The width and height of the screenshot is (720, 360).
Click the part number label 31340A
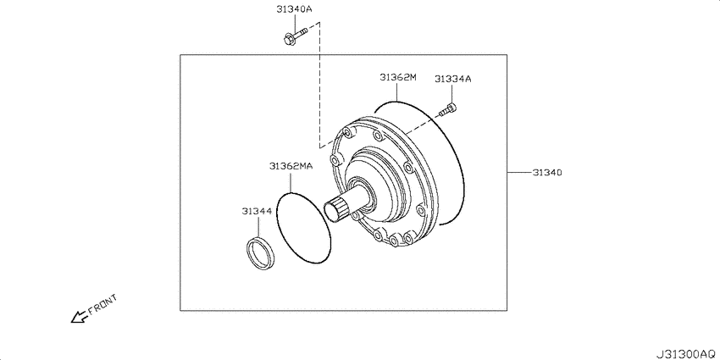[x=294, y=9]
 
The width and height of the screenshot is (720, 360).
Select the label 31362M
[x=397, y=77]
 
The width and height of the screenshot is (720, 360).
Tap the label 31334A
[x=453, y=79]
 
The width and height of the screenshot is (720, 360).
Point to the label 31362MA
[x=291, y=166]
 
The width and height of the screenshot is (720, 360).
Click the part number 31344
[x=258, y=211]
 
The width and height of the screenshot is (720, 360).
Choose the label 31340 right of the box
[x=547, y=173]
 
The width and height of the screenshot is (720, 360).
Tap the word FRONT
[x=102, y=304]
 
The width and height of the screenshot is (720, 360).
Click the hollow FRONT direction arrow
[x=79, y=317]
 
